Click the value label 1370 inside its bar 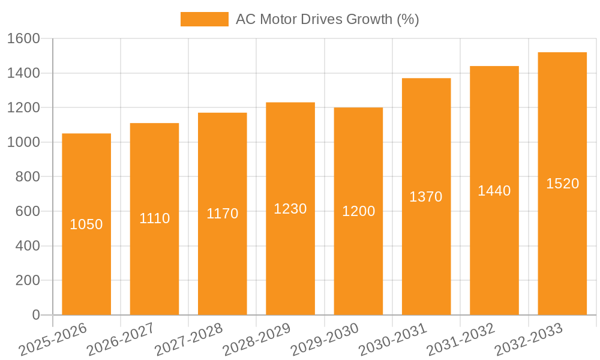(426, 197)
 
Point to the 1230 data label (290, 209)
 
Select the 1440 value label (494, 191)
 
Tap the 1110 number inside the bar (155, 218)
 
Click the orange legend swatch (205, 19)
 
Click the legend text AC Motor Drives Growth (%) (327, 19)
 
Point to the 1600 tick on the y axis (23, 39)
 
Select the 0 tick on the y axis (36, 315)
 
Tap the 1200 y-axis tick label (23, 108)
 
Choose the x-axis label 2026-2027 (121, 339)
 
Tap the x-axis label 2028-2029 (257, 339)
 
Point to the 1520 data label (563, 184)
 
